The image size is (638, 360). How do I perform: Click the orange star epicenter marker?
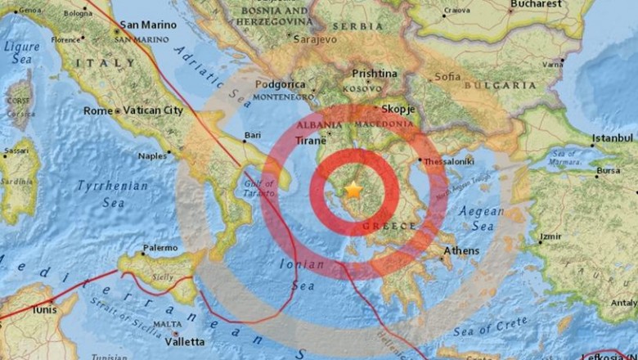353,190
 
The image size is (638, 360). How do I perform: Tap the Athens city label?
461,251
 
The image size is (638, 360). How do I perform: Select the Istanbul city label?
613,137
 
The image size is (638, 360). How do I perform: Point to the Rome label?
97,110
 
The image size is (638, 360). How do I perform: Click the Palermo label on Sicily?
160,247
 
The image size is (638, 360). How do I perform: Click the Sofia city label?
447,76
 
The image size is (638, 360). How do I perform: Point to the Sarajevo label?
315,38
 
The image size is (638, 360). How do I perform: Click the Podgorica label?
280,84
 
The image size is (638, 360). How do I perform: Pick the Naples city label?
153,155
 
